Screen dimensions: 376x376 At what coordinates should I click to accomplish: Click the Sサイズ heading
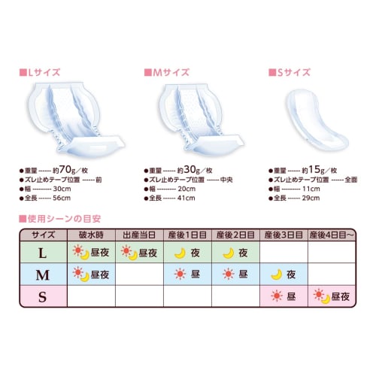point(293,73)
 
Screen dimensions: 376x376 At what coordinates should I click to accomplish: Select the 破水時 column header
point(90,235)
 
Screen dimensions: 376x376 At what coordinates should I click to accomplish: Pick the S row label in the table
point(43,297)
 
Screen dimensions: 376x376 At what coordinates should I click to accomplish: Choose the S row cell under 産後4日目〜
point(331,297)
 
